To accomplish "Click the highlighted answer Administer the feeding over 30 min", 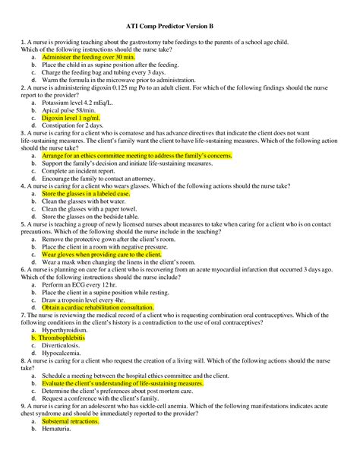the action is (x=88, y=57).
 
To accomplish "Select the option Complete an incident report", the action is (x=83, y=171).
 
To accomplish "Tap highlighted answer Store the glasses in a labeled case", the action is (x=86, y=194).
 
